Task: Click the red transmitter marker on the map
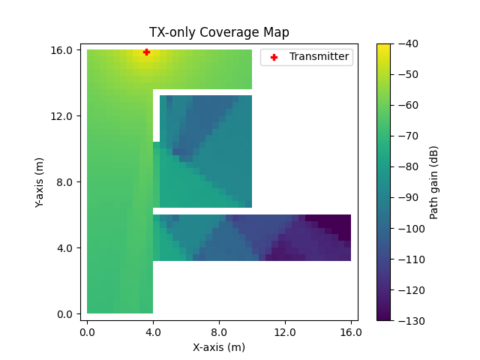(x=146, y=52)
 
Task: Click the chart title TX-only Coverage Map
(x=219, y=32)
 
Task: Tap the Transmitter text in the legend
(x=319, y=56)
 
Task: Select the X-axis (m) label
(x=219, y=347)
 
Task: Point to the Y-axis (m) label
(x=40, y=181)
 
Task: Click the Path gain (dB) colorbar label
(x=434, y=182)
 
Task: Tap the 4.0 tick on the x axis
(x=153, y=331)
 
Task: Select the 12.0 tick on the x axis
(x=285, y=331)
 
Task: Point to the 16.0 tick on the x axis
(x=351, y=331)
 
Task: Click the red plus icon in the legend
(x=274, y=56)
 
